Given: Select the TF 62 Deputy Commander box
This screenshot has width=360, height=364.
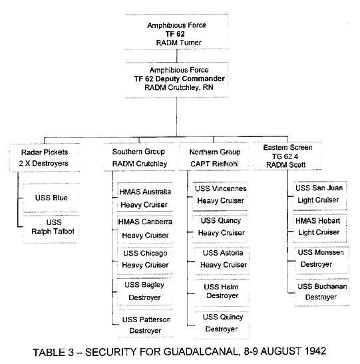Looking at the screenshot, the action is coord(176,80).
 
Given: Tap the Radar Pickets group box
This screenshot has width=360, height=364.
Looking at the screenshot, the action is coord(45,158).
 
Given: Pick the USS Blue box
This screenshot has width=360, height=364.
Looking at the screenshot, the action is coord(51,198).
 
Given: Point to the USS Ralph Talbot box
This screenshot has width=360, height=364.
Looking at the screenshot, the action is coord(51,229).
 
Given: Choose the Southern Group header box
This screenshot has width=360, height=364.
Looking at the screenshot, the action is coord(139,157).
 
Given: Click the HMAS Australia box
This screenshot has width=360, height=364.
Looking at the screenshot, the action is coord(145,197).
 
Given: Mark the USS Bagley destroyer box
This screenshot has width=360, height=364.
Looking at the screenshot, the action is coord(145,291).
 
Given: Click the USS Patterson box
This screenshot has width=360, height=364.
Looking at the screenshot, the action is coord(146,323).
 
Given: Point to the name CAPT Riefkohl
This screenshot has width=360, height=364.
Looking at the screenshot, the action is coord(214,164).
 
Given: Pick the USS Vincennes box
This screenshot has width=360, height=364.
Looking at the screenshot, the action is coord(220,196).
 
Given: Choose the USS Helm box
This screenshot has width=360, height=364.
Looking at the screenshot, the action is coord(222,293).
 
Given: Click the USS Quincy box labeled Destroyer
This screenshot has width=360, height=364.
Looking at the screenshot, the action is coord(222,325).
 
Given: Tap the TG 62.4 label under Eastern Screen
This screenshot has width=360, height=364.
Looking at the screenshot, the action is coord(285,156).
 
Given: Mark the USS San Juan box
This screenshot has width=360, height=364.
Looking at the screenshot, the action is coord(320,196).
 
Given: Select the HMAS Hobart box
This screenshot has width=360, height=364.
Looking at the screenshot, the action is coord(319,228).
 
